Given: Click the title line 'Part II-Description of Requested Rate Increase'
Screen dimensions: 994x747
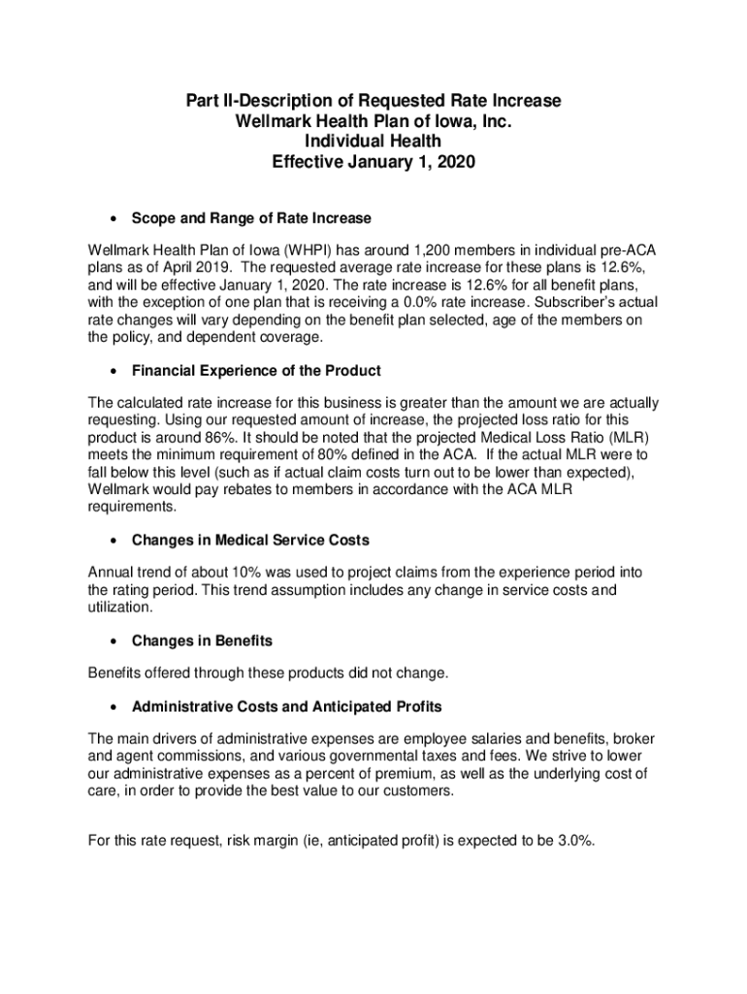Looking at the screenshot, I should click(373, 102).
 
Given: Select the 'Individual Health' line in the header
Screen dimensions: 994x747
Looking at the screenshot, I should click(373, 143).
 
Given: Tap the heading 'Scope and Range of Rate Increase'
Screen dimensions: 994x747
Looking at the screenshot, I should click(251, 217).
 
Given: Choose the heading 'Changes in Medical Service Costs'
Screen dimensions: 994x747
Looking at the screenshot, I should click(250, 540).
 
